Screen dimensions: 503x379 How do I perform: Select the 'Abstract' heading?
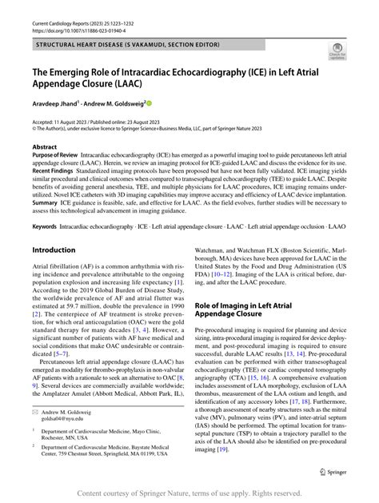[44, 147]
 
